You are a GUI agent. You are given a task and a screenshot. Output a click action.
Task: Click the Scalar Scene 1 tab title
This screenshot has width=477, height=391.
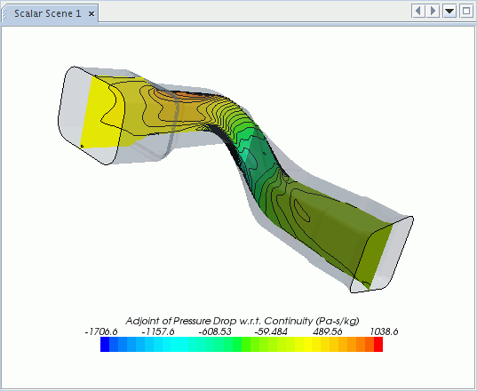(48, 13)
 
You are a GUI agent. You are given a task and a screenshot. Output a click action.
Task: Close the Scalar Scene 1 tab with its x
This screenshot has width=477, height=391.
(91, 13)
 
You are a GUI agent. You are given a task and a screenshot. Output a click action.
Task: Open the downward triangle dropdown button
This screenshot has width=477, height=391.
(449, 12)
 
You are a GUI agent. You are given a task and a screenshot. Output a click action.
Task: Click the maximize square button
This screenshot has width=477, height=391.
(466, 12)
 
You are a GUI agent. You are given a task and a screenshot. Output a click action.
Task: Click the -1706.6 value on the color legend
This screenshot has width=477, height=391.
(101, 331)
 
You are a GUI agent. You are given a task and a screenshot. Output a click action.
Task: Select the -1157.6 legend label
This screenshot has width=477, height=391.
(158, 331)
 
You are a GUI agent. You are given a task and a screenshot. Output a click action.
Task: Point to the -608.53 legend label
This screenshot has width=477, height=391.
(215, 331)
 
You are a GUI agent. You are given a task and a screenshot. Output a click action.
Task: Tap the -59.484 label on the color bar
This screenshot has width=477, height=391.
(271, 331)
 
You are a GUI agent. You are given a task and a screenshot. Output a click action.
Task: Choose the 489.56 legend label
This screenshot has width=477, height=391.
(328, 331)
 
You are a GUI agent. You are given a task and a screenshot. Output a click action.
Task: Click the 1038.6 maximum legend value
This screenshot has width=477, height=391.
(384, 331)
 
